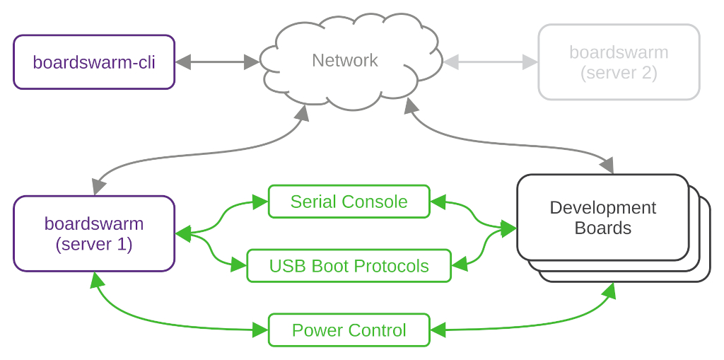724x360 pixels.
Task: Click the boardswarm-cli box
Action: pos(94,62)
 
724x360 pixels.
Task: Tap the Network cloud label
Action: pos(345,61)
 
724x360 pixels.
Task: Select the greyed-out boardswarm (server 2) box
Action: pos(619,62)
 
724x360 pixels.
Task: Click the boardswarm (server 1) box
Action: pos(94,234)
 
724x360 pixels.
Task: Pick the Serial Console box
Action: pos(349,202)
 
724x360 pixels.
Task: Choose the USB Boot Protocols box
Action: pos(349,266)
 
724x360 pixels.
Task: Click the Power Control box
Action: pos(349,330)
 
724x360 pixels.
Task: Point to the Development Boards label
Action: pos(603,218)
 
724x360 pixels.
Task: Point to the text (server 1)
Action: pos(94,245)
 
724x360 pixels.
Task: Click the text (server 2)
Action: pos(619,73)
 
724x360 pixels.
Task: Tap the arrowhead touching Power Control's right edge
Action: pos(438,329)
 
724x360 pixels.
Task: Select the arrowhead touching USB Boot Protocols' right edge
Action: pos(459,265)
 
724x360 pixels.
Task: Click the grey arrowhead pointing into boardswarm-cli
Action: pos(182,62)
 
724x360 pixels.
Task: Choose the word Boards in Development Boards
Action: pos(603,228)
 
